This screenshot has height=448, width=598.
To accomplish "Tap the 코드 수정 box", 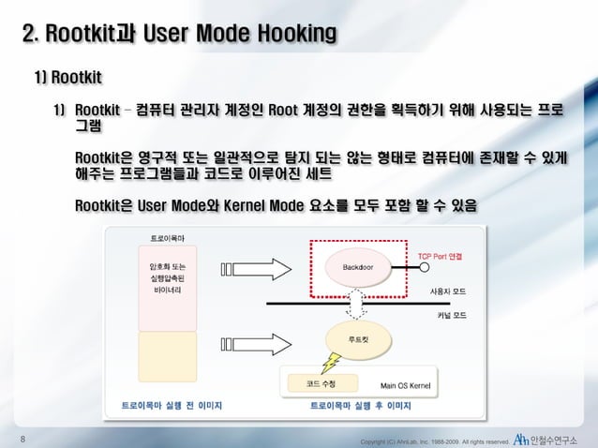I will tap(320, 384).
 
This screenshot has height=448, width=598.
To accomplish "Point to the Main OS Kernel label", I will tap(404, 385).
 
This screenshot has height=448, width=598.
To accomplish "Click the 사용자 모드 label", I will tap(447, 292).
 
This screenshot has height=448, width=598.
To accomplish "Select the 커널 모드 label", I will tap(451, 315).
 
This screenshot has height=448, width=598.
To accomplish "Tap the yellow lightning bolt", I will tap(329, 361).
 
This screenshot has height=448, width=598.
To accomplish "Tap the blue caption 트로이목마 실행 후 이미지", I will tap(361, 407).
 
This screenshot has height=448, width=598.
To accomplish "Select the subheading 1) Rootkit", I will tap(67, 74).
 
